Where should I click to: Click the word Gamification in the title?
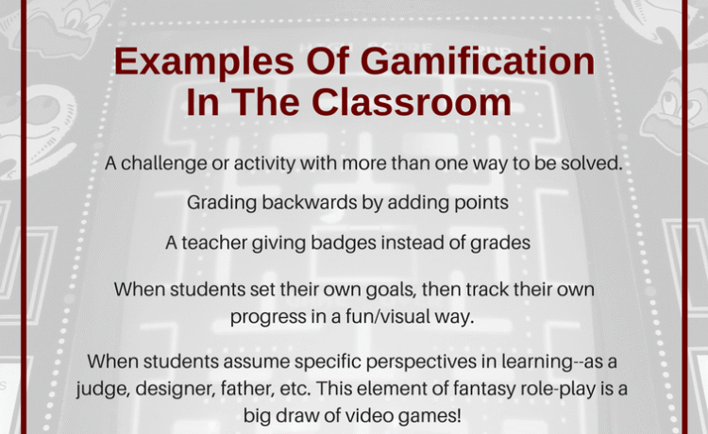coord(478,61)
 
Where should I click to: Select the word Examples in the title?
coord(204,62)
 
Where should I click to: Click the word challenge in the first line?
coord(164,164)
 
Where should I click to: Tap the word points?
coord(481,204)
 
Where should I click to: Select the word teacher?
coord(214,242)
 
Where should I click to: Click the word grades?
coord(500,243)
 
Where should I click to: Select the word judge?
coord(103,389)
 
